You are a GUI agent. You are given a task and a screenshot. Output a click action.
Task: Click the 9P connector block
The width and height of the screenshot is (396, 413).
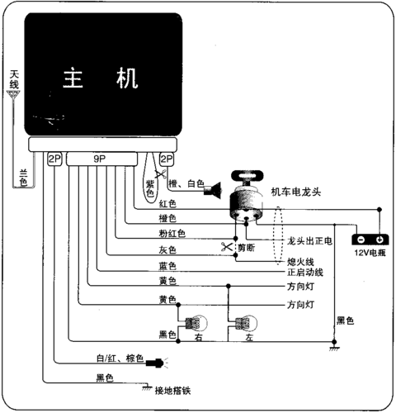point(101,159)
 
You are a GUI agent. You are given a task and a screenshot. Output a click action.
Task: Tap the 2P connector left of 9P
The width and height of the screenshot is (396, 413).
point(54,159)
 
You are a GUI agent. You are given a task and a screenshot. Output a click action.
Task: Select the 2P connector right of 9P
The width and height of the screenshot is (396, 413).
point(167,159)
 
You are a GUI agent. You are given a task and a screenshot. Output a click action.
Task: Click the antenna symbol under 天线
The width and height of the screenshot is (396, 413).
point(13,94)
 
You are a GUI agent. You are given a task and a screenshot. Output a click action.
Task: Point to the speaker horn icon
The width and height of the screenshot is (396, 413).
point(213,190)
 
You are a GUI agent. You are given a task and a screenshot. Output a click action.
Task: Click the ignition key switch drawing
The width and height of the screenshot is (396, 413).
point(247,196)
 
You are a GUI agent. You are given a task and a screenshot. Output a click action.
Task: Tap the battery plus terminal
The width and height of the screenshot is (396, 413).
point(379,240)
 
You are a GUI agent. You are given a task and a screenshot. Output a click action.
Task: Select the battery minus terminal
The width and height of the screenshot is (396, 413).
point(361,240)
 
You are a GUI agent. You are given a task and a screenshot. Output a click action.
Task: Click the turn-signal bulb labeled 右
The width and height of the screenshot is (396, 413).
point(196,323)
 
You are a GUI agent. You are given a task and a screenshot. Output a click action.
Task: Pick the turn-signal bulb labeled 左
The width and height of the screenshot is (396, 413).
point(246,323)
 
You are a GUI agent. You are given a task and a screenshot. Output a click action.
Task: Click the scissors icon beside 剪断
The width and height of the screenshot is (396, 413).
point(227,247)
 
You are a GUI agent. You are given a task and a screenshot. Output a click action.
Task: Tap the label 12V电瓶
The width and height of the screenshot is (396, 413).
point(370,253)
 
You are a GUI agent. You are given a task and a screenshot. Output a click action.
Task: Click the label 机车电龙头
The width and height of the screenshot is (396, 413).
point(296,192)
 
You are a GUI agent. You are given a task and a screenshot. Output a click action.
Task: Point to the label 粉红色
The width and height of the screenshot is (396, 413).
point(172,233)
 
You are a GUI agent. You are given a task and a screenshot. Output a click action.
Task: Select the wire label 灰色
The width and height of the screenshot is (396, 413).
point(167,249)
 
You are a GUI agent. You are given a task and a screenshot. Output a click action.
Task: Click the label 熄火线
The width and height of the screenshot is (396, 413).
point(300,262)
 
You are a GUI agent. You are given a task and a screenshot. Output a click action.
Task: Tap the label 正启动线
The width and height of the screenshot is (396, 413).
point(305,273)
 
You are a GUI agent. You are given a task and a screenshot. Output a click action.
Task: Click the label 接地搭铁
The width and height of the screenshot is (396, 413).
point(172,391)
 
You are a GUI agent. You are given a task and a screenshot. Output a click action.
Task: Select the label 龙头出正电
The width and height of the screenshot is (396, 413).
point(309,241)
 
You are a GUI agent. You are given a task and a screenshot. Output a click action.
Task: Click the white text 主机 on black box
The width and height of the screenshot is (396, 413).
point(101,78)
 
